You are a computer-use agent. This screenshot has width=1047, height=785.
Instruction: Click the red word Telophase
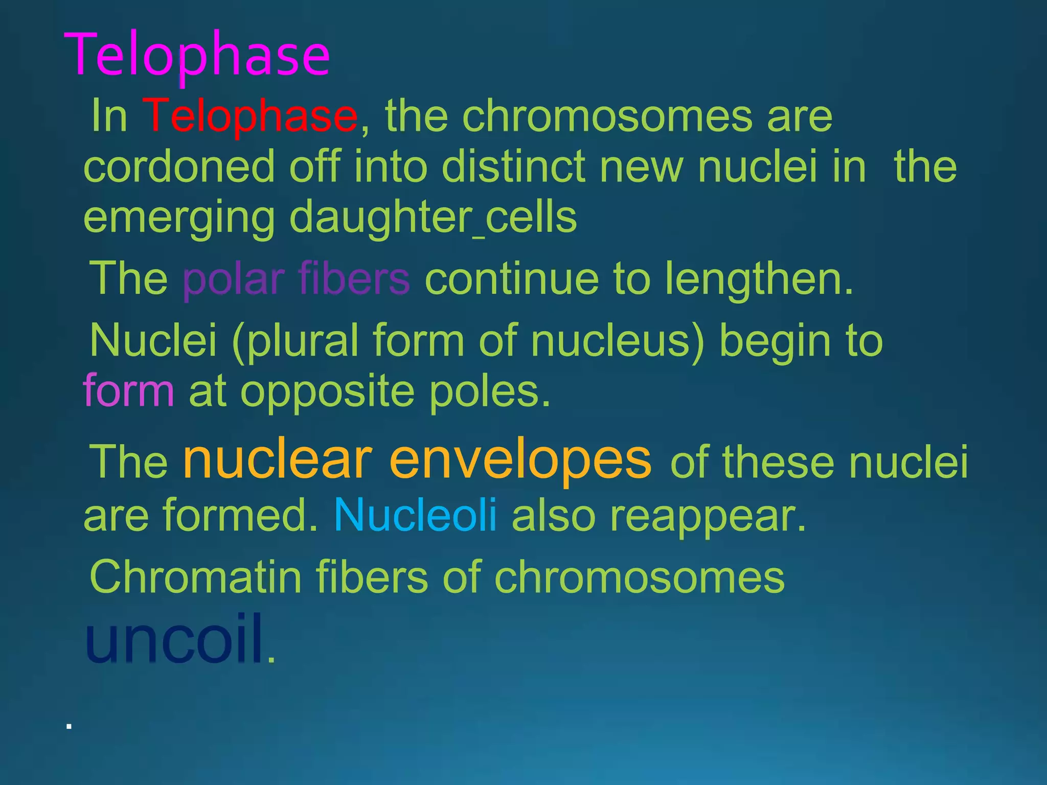point(250,117)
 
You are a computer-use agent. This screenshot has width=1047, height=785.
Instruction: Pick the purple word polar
point(233,279)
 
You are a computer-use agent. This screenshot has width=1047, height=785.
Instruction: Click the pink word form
point(129,391)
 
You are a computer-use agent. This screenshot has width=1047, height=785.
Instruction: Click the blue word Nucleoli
point(415,514)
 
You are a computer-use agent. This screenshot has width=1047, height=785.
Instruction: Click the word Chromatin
point(195,576)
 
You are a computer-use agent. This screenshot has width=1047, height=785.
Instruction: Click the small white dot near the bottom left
point(69,726)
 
